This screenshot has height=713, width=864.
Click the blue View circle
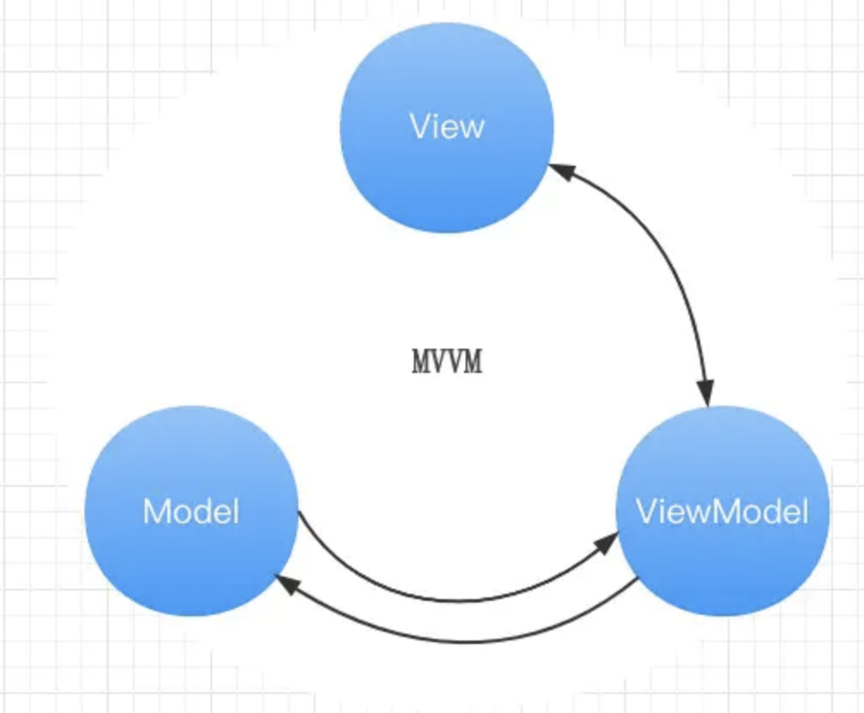coord(447,173)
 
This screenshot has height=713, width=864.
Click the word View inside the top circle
coord(447,128)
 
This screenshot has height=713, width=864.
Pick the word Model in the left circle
coord(191,512)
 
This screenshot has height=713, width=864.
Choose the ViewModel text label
coord(723,512)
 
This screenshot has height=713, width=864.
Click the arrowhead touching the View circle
coord(560,172)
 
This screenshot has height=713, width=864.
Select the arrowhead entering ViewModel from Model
coord(608,541)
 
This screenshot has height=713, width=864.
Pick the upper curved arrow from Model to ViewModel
coord(448,598)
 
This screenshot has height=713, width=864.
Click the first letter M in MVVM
coord(421,363)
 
